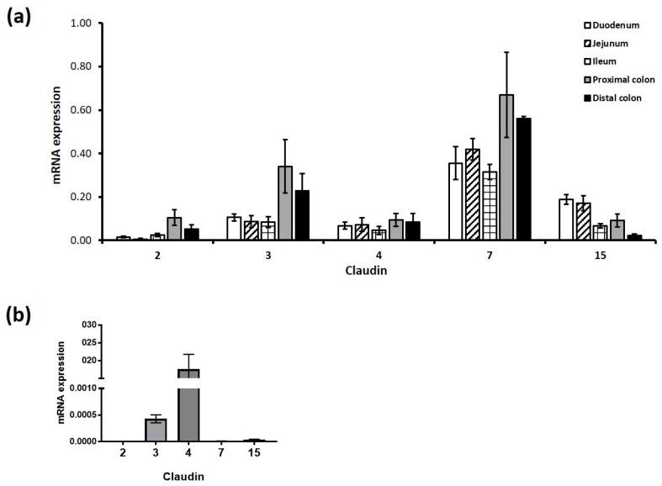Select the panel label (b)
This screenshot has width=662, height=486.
click(21, 315)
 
